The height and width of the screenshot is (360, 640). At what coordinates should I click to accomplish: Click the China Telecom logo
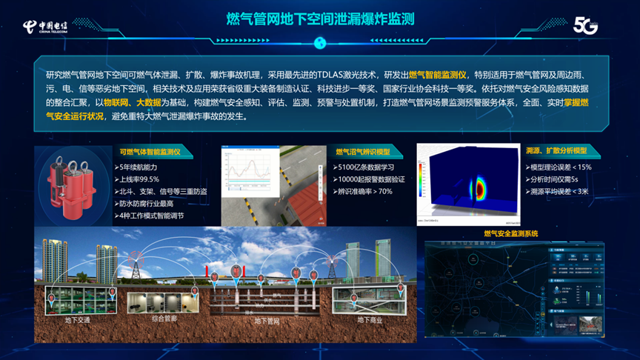point(45,27)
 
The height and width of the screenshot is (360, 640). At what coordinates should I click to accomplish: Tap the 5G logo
point(585,25)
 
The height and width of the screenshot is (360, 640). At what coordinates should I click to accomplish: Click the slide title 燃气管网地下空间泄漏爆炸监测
point(319,17)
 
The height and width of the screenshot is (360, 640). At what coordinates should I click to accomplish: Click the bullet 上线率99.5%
point(140,179)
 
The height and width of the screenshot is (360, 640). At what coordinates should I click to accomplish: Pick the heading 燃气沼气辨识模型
point(368,153)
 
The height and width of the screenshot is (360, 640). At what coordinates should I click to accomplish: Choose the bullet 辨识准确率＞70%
point(364,191)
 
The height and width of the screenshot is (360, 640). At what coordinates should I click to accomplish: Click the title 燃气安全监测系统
point(511,234)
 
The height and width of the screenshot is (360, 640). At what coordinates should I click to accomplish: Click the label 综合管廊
point(164,319)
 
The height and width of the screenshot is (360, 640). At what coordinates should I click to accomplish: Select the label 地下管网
point(267,321)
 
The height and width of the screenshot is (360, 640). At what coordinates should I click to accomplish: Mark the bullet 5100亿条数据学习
point(368,167)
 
